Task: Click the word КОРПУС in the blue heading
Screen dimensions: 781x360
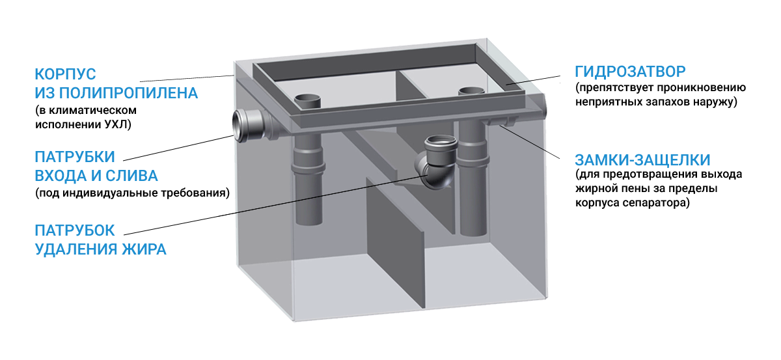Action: point(65,74)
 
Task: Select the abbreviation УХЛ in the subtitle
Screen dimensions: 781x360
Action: point(118,124)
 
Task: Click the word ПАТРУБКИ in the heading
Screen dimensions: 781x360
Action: point(75,157)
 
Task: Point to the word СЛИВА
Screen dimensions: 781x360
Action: point(131,176)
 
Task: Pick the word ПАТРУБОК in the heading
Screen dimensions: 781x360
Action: point(75,230)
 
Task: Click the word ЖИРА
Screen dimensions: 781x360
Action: point(144,249)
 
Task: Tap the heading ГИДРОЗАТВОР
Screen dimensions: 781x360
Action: point(630,72)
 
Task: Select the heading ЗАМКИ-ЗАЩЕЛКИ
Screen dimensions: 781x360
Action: point(642,160)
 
